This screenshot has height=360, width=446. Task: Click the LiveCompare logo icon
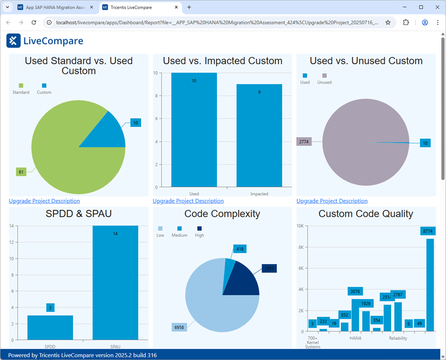[x=13, y=41]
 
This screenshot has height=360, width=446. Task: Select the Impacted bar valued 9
[x=259, y=137]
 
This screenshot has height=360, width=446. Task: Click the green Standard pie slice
[x=66, y=158]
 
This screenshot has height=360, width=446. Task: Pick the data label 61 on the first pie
[x=21, y=172]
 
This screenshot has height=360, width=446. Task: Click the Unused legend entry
[x=324, y=79]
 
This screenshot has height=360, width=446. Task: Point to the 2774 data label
[x=303, y=142]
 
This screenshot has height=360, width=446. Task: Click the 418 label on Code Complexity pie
[x=240, y=249]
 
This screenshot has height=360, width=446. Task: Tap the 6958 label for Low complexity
[x=179, y=327]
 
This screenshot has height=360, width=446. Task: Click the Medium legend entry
[x=179, y=232]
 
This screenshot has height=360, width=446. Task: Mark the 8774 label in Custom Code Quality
[x=428, y=231]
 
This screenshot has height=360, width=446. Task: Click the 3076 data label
[x=355, y=291]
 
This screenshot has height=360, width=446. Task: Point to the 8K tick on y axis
[x=301, y=247]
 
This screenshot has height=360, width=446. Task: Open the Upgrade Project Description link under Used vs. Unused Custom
[x=332, y=201]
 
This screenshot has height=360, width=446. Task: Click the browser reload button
[x=34, y=22]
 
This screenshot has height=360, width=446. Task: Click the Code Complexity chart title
[x=222, y=214]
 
